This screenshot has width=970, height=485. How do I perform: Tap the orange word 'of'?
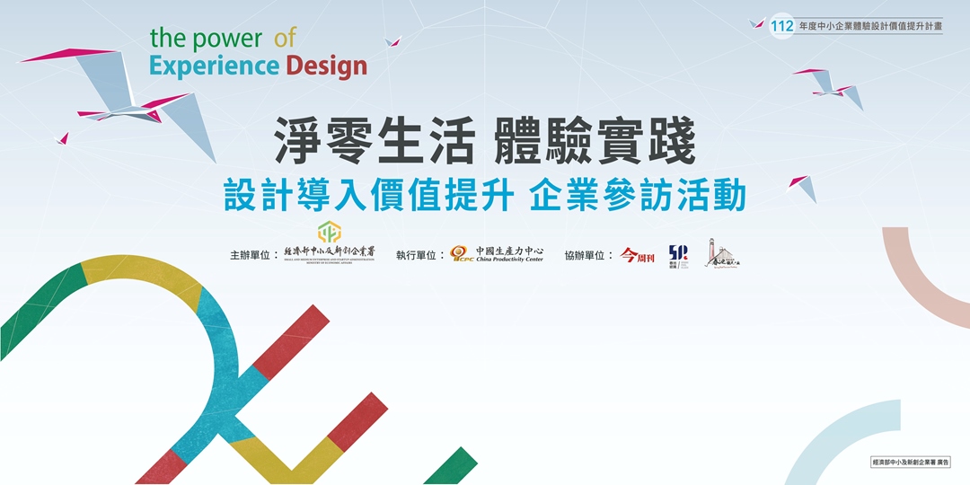point(285,38)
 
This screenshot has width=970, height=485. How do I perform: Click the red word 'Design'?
point(327,66)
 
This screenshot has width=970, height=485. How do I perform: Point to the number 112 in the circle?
point(782,27)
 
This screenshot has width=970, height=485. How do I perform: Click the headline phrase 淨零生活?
point(375,143)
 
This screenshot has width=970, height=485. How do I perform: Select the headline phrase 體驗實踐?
point(595,143)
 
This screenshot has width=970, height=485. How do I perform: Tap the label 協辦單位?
point(589,255)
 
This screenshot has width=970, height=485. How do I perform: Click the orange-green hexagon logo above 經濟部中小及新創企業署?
point(330,232)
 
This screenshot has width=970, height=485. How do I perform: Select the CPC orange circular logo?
point(461,254)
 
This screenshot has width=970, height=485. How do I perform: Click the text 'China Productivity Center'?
point(509,260)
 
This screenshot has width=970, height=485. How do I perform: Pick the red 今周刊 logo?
point(638,255)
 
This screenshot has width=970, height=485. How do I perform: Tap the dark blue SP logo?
point(679,254)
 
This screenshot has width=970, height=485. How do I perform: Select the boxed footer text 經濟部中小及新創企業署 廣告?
point(914,462)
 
